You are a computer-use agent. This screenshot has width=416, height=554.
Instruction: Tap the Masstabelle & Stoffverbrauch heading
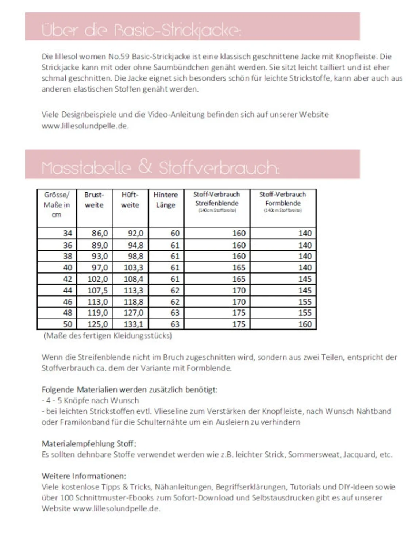tap(160, 168)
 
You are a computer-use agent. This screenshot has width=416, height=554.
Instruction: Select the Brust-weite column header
tap(94, 200)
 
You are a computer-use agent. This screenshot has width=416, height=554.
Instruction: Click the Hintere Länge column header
tap(166, 200)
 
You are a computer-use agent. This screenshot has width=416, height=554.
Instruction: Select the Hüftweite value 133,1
tap(133, 324)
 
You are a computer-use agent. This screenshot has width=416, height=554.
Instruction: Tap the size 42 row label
tap(68, 279)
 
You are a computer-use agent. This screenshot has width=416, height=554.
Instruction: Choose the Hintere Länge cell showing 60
tap(175, 233)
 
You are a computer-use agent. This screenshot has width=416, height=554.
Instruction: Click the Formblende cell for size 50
tap(305, 324)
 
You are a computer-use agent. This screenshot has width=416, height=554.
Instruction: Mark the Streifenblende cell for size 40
tap(239, 268)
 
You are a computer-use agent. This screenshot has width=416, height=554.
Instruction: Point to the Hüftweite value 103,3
tap(133, 268)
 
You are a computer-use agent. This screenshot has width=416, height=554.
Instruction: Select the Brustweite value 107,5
tap(98, 290)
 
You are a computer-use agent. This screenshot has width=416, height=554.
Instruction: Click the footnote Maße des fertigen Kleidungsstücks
tap(108, 335)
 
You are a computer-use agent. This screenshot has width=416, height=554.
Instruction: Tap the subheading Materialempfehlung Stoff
tap(89, 444)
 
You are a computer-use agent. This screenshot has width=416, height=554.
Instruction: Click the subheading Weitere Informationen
tap(84, 476)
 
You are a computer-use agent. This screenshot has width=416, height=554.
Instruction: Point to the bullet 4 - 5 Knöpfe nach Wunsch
tap(90, 400)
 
